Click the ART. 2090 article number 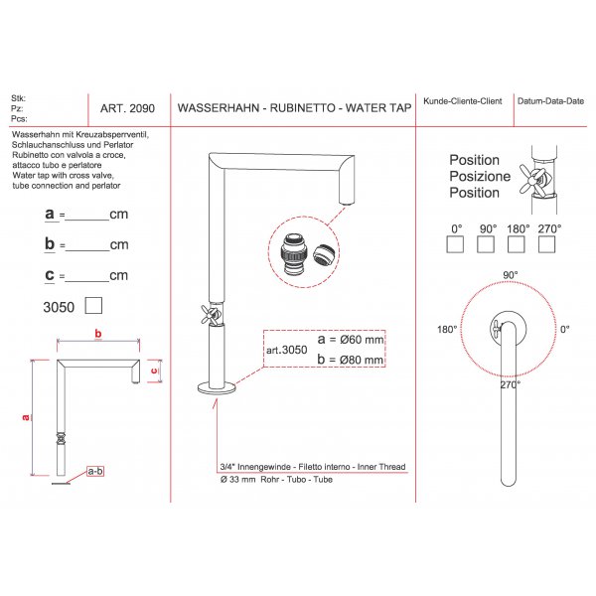[127, 108]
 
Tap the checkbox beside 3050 [93, 306]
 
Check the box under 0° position [455, 244]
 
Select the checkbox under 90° [486, 244]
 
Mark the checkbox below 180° [517, 244]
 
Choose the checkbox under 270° [547, 244]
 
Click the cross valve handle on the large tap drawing [211, 315]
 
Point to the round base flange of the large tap [217, 388]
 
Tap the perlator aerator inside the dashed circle [324, 254]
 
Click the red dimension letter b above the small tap [98, 334]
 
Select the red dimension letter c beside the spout [154, 371]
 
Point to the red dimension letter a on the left [26, 417]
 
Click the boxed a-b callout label [95, 471]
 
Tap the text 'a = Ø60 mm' [351, 339]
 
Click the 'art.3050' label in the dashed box [287, 350]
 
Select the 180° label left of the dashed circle [447, 329]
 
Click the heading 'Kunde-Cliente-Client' [463, 101]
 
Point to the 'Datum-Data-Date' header [550, 101]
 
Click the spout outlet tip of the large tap [347, 205]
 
